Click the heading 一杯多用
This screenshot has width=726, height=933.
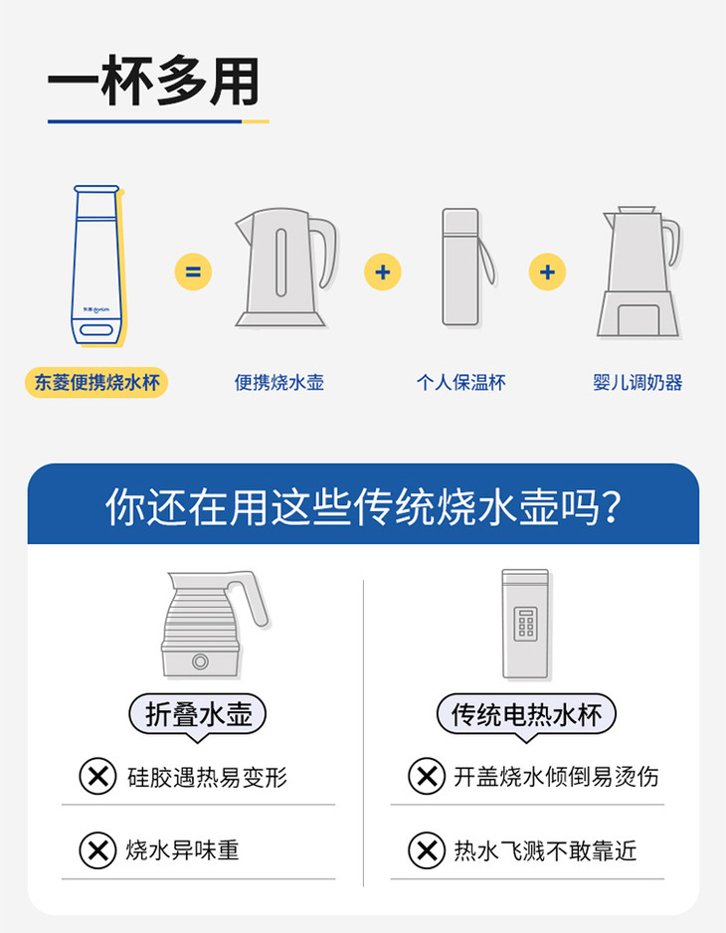pyautogui.click(x=153, y=81)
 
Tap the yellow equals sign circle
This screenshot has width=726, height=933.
pyautogui.click(x=193, y=272)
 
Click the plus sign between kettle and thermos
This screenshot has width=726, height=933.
pyautogui.click(x=383, y=272)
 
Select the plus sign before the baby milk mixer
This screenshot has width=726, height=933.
pyautogui.click(x=547, y=272)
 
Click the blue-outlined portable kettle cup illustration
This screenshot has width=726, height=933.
pyautogui.click(x=97, y=266)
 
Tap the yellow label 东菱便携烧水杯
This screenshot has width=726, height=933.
pyautogui.click(x=96, y=382)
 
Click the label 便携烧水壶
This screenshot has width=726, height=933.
pyautogui.click(x=279, y=382)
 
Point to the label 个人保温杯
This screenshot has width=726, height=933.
pyautogui.click(x=461, y=382)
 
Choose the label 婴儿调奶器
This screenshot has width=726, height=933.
pyautogui.click(x=637, y=382)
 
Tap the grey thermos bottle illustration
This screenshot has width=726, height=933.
pyautogui.click(x=466, y=268)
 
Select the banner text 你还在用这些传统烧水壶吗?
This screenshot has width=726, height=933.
pyautogui.click(x=363, y=507)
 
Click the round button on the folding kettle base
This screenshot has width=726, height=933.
pyautogui.click(x=200, y=661)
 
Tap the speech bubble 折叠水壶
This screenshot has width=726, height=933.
pyautogui.click(x=198, y=716)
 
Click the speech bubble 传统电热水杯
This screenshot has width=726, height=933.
pyautogui.click(x=526, y=716)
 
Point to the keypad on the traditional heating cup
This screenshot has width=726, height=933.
pyautogui.click(x=525, y=624)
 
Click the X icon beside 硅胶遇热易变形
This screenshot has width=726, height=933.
pyautogui.click(x=97, y=776)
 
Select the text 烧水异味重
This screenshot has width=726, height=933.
pyautogui.click(x=182, y=849)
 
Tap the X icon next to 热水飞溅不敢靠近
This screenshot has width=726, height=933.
pyautogui.click(x=427, y=850)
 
